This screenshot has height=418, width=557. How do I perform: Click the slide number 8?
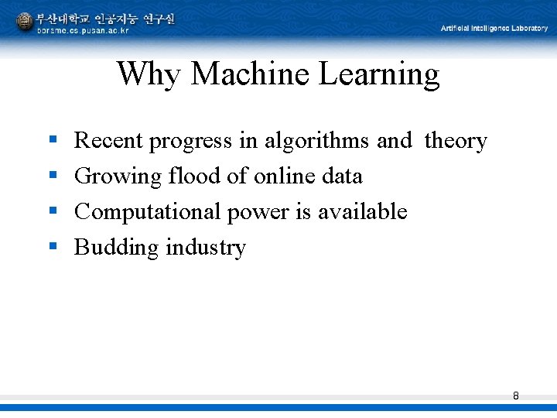pyautogui.click(x=516, y=396)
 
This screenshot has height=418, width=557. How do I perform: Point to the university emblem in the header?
pyautogui.click(x=25, y=22)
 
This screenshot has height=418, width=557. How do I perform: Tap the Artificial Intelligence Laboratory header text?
pyautogui.click(x=494, y=28)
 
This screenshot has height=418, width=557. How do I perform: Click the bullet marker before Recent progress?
pyautogui.click(x=53, y=140)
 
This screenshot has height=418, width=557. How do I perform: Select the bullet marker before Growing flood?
pyautogui.click(x=53, y=176)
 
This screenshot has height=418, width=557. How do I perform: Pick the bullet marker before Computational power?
pyautogui.click(x=53, y=211)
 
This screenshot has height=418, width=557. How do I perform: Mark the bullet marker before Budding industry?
pyautogui.click(x=53, y=247)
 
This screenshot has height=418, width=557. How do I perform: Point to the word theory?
pyautogui.click(x=456, y=142)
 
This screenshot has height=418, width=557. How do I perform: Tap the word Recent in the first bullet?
pyautogui.click(x=108, y=141)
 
